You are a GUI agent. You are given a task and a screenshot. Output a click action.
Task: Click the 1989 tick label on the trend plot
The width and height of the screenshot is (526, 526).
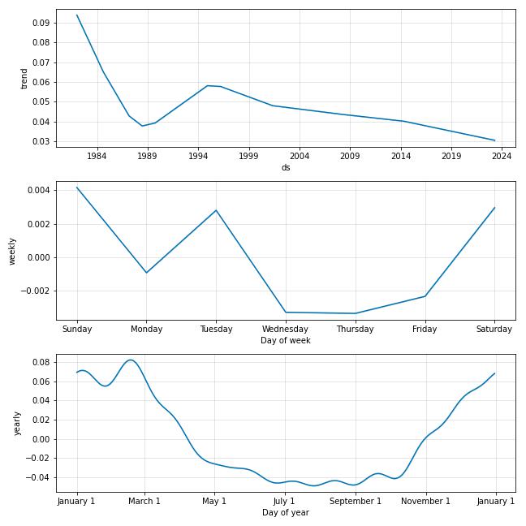(x=147, y=156)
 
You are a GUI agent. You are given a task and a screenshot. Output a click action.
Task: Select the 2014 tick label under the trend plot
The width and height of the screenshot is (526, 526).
(x=400, y=156)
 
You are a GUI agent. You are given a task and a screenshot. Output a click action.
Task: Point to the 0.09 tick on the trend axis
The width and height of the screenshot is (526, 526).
(x=41, y=23)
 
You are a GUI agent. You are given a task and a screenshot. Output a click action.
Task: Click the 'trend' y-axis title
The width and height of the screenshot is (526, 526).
(x=24, y=78)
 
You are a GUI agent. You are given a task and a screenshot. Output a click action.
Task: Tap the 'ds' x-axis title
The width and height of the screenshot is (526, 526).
(x=286, y=167)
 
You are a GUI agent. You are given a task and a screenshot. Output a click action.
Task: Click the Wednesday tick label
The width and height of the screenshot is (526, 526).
(x=286, y=329)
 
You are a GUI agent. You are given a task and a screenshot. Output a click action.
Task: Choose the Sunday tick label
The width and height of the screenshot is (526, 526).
(x=77, y=329)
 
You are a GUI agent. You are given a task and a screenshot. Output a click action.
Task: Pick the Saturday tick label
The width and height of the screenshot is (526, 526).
(x=494, y=329)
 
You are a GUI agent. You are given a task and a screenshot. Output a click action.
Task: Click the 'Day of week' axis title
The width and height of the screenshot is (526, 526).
(x=286, y=340)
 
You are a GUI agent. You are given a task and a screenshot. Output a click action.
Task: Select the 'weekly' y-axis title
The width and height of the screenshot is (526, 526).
(x=12, y=250)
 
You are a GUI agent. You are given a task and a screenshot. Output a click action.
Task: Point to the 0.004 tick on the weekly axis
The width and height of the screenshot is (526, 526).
(x=38, y=190)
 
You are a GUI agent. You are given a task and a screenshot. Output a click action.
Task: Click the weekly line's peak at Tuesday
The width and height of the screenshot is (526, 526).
(x=216, y=210)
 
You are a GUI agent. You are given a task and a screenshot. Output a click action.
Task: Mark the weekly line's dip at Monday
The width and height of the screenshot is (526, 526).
(x=147, y=273)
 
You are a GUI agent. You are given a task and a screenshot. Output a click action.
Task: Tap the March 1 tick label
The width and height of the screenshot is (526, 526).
(x=145, y=501)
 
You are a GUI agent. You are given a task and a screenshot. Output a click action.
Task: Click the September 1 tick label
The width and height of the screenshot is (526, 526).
(x=356, y=501)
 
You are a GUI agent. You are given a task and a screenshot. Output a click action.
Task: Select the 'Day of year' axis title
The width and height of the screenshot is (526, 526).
(x=286, y=512)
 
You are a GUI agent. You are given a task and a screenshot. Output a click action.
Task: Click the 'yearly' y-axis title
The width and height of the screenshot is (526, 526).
(x=17, y=422)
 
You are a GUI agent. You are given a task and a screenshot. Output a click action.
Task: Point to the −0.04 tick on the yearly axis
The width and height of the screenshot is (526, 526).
(x=37, y=477)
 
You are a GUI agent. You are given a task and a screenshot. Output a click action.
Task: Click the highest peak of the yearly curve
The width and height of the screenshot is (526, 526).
(x=131, y=360)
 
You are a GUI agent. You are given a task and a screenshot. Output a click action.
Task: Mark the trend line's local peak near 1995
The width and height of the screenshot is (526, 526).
(x=208, y=85)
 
